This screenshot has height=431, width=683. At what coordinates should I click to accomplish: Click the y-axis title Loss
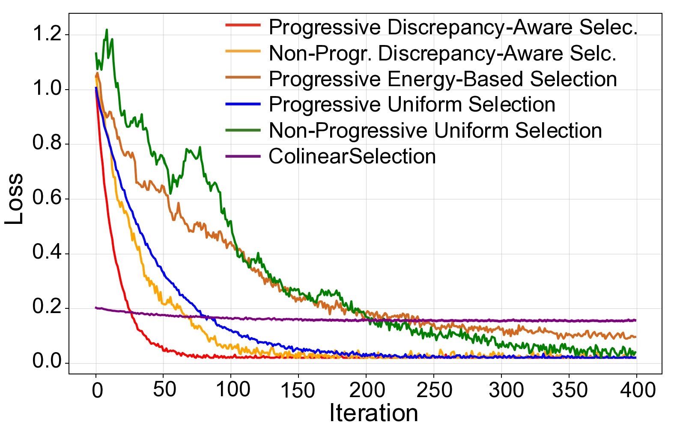(x=15, y=199)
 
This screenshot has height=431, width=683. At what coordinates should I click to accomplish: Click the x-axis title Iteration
(x=373, y=413)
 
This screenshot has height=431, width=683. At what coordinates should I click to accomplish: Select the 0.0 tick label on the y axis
(x=47, y=362)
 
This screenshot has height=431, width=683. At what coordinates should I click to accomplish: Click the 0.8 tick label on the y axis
(x=47, y=144)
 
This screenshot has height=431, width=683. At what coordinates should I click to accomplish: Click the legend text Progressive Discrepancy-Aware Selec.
(x=453, y=27)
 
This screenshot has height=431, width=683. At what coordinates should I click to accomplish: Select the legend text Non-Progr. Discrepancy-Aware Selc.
(x=442, y=54)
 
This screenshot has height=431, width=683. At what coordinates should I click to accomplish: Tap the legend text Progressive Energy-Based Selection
(x=443, y=79)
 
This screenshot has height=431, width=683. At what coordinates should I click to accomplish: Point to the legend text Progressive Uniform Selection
(x=412, y=105)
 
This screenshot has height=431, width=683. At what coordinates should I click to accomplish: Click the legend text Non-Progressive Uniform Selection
(x=435, y=130)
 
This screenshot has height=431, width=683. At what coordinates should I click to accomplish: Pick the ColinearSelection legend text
(x=352, y=157)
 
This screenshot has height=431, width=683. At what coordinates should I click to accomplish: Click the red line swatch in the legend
(x=243, y=25)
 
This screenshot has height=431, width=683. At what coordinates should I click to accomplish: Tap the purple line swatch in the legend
(x=243, y=156)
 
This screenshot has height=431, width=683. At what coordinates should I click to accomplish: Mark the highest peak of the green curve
(x=107, y=30)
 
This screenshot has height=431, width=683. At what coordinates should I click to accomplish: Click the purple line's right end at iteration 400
(x=636, y=320)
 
